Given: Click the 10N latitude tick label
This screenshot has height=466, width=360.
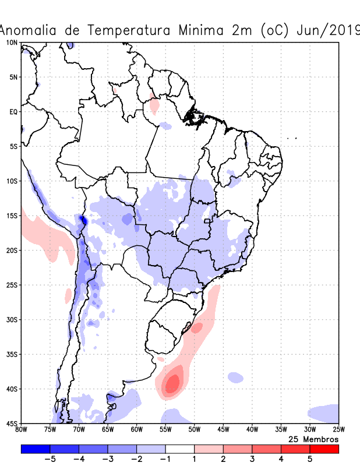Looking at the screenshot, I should tap(11, 43).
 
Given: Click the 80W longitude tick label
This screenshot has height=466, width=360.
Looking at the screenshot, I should tap(22, 430).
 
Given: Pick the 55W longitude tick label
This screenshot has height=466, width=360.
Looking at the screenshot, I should tap(165, 430).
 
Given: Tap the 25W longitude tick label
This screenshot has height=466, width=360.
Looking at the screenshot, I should tap(338, 430).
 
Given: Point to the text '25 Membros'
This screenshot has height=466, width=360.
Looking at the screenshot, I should tap(313, 439).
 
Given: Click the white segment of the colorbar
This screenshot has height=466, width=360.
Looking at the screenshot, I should tap(180, 449).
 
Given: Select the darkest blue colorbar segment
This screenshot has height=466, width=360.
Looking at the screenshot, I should tap(35, 449).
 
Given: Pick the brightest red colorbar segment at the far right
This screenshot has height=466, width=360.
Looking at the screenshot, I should tap(324, 449).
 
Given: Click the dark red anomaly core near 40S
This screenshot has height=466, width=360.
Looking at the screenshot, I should tap(172, 383).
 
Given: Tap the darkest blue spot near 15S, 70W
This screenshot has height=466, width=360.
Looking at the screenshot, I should tap(83, 220).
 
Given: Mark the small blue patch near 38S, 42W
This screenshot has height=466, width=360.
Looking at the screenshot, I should tap(236, 377).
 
